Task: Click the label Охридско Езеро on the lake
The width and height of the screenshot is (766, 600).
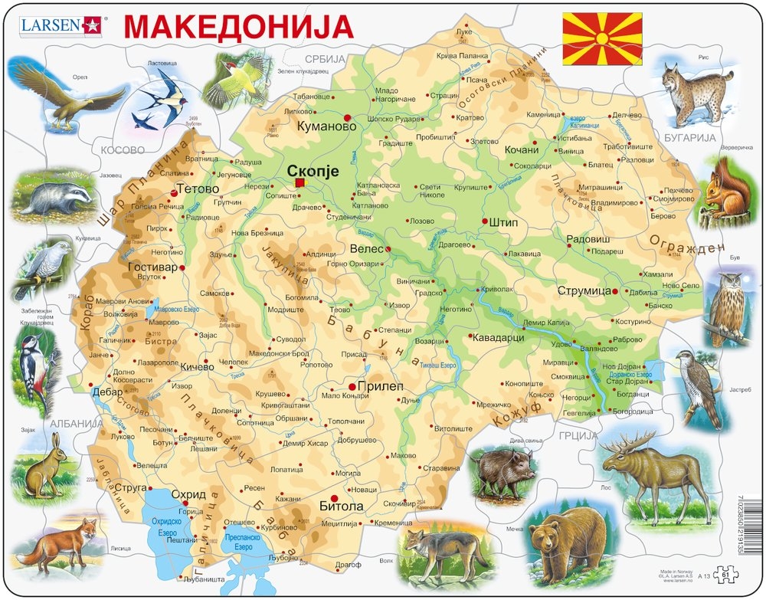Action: [168, 526]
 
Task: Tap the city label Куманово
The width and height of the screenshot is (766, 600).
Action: [320, 125]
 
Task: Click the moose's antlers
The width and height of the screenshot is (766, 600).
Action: [628, 442]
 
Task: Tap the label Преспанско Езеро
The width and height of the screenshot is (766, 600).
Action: [250, 542]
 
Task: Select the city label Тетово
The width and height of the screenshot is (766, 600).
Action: [192, 189]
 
